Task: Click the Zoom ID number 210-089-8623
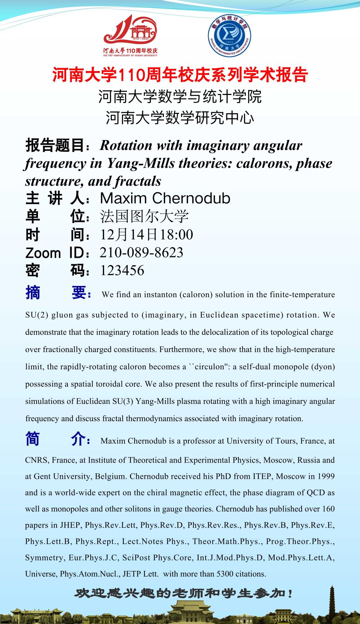[141, 253]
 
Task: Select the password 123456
[122, 270]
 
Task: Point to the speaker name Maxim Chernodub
[165, 198]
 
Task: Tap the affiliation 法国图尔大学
[144, 217]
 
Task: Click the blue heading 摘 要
[58, 293]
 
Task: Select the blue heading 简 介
[58, 439]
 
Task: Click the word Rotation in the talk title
[126, 145]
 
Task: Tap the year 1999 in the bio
[326, 476]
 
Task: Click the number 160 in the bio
[328, 509]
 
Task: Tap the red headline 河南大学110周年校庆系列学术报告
[180, 75]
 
